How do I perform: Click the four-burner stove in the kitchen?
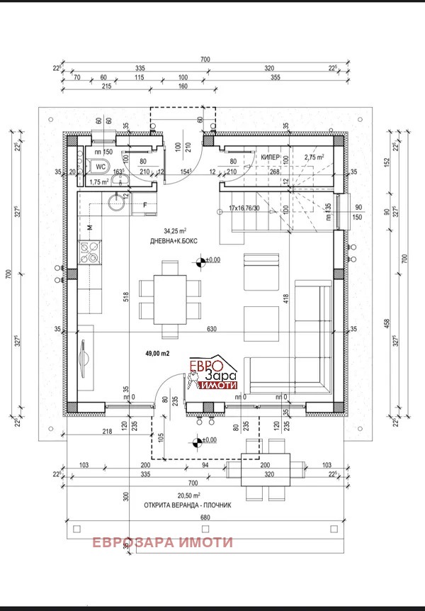(91, 249)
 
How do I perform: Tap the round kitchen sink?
(117, 204)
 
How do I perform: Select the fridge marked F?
(144, 205)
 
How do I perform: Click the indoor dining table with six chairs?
(169, 298)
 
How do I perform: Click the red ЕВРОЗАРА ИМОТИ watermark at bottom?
(162, 542)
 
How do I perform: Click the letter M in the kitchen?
(90, 227)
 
